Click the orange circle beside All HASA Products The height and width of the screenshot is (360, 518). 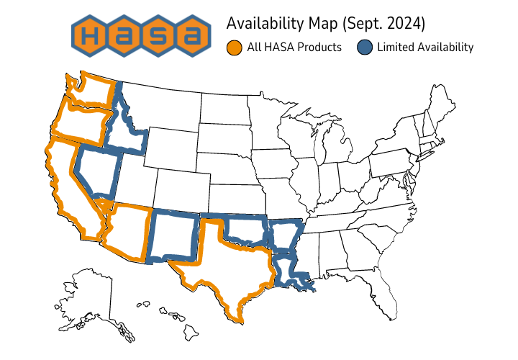click(x=234, y=48)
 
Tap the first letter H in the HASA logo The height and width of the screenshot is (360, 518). click(x=91, y=34)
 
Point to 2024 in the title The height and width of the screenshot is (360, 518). click(x=405, y=24)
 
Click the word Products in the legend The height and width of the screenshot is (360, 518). click(x=317, y=48)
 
